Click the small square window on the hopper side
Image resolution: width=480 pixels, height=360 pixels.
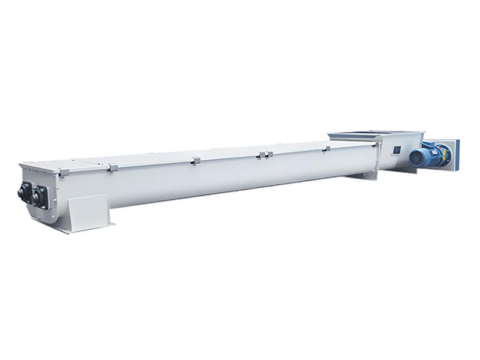[397, 151]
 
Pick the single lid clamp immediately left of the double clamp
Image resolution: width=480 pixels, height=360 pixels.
[196, 160]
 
